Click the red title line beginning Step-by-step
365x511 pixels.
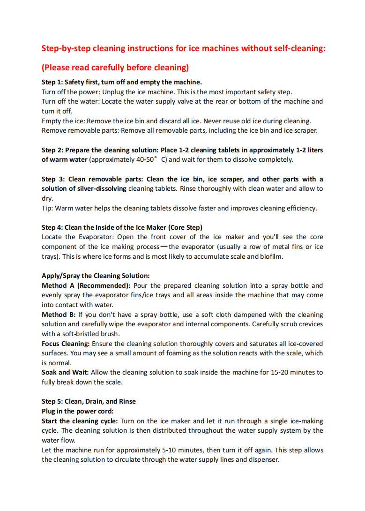[184, 48]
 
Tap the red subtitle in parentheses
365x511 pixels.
[115, 68]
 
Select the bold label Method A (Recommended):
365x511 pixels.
[87, 286]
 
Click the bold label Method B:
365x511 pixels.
[59, 315]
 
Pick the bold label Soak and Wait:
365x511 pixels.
[65, 373]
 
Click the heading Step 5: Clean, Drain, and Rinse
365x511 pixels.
[89, 401]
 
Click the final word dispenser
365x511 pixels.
[263, 459]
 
